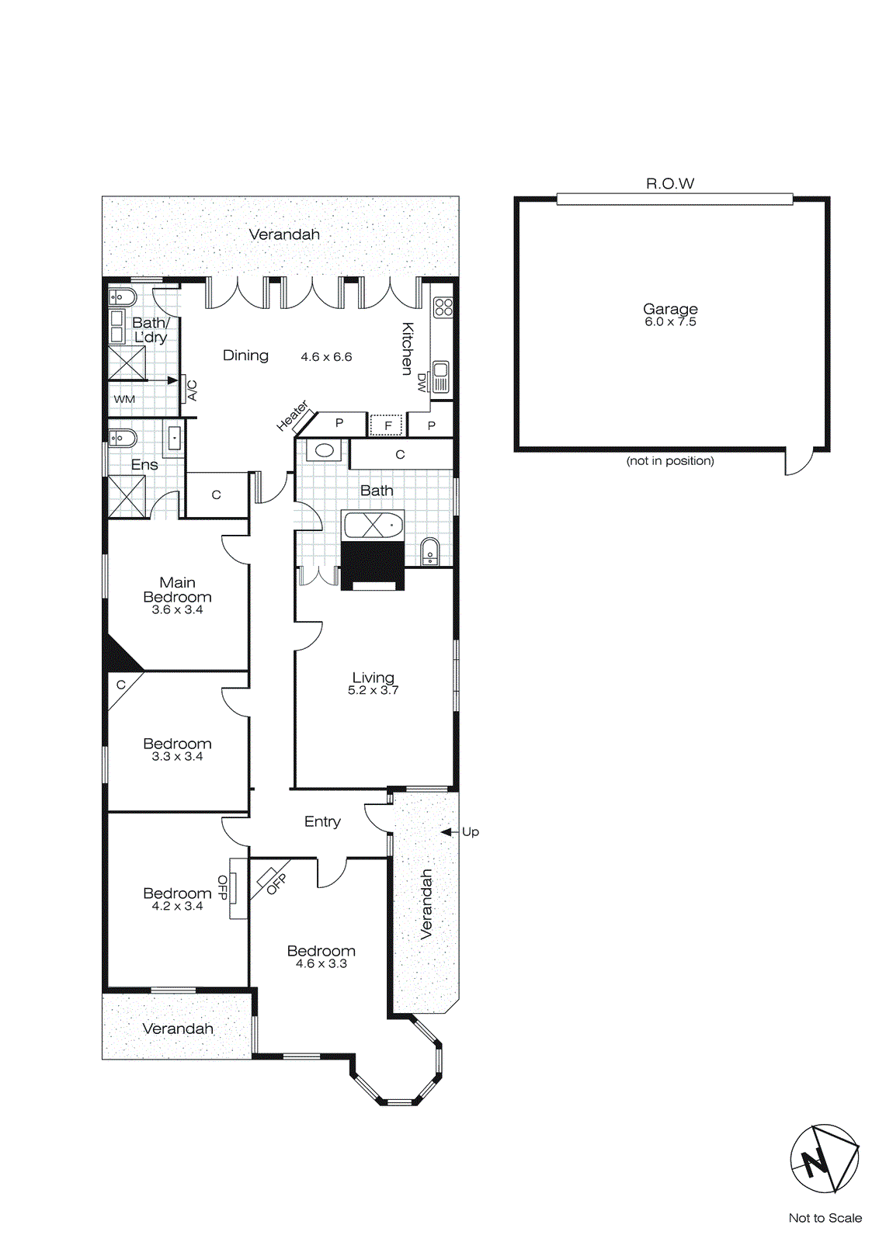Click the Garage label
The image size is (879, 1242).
click(669, 309)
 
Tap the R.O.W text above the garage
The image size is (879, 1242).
click(669, 184)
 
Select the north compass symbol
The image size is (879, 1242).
click(824, 1158)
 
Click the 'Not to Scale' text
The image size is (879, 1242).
click(825, 1218)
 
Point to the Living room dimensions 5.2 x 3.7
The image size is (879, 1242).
click(373, 690)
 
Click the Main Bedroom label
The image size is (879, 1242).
click(177, 590)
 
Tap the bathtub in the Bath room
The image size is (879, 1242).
click(373, 526)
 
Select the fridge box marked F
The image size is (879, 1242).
click(387, 425)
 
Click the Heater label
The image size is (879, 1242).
click(293, 416)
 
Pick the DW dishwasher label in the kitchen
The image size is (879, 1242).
click(422, 383)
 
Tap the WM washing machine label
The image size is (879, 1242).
click(124, 399)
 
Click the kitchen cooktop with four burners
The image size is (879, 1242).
click(443, 307)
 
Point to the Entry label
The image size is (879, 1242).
click(322, 821)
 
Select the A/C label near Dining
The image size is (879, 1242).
click(192, 390)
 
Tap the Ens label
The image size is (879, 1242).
click(144, 465)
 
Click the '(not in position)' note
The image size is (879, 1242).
click(669, 461)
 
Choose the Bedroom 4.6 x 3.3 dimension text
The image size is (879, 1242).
click(321, 964)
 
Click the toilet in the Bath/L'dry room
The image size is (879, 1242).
click(123, 297)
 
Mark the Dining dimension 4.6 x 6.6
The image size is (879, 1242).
click(326, 357)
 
